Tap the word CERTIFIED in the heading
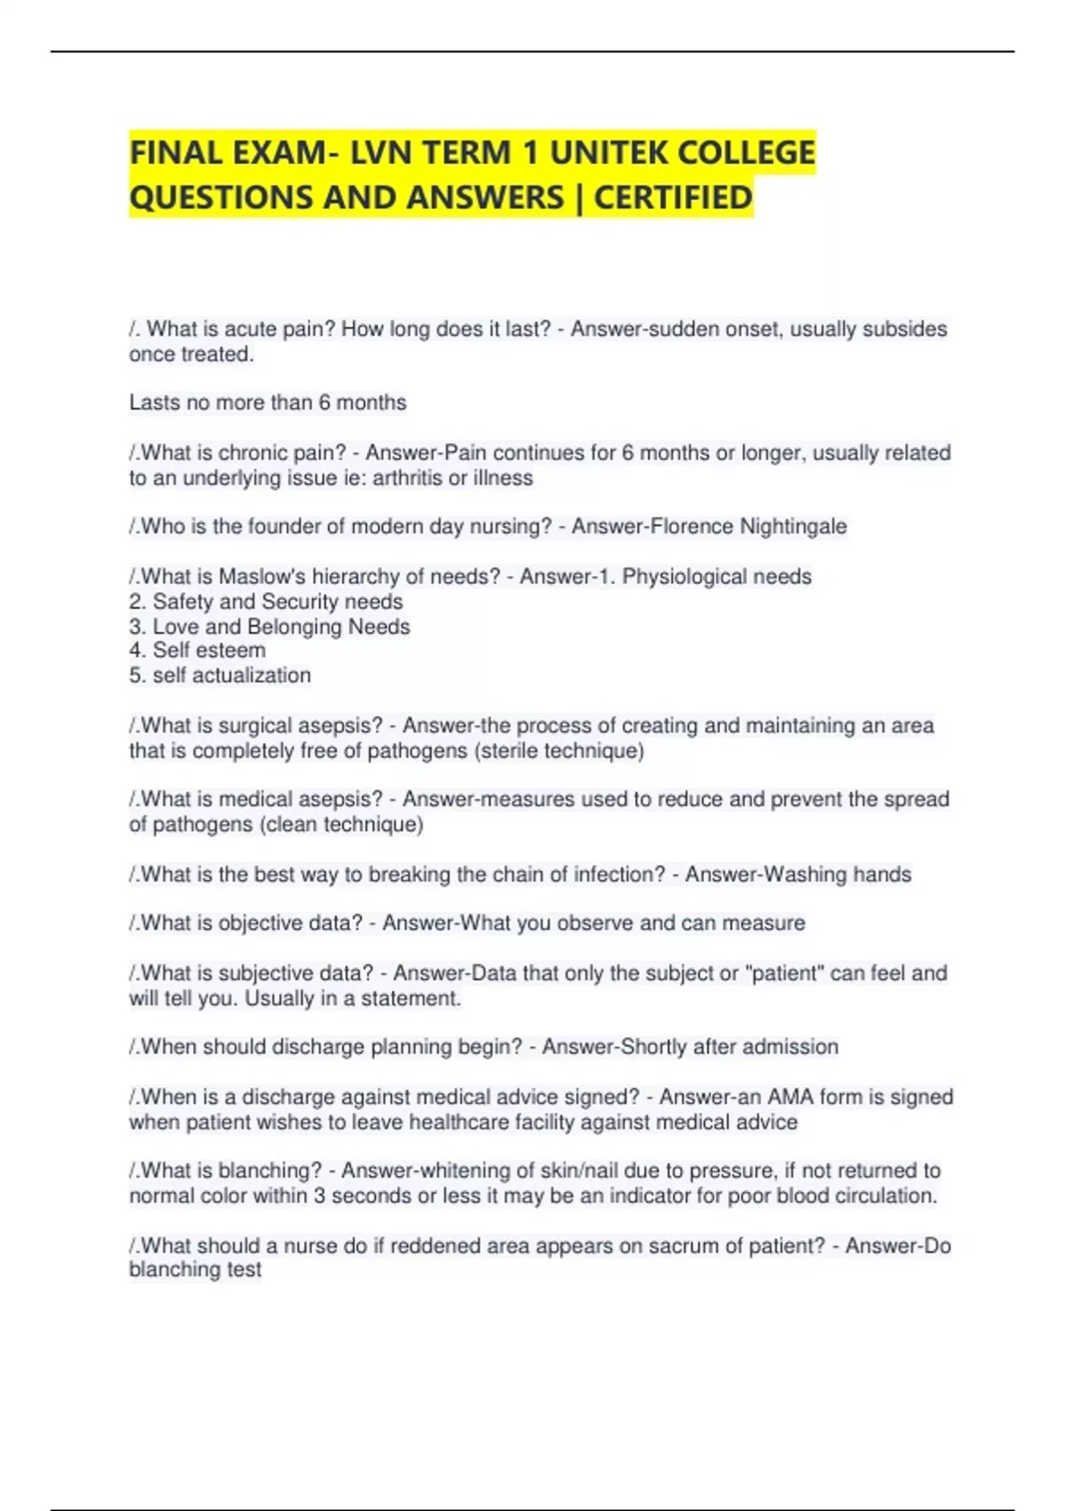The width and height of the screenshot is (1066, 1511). pos(672,197)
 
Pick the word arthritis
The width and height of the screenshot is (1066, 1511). pos(407,478)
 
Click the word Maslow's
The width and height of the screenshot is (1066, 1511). pos(263,577)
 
